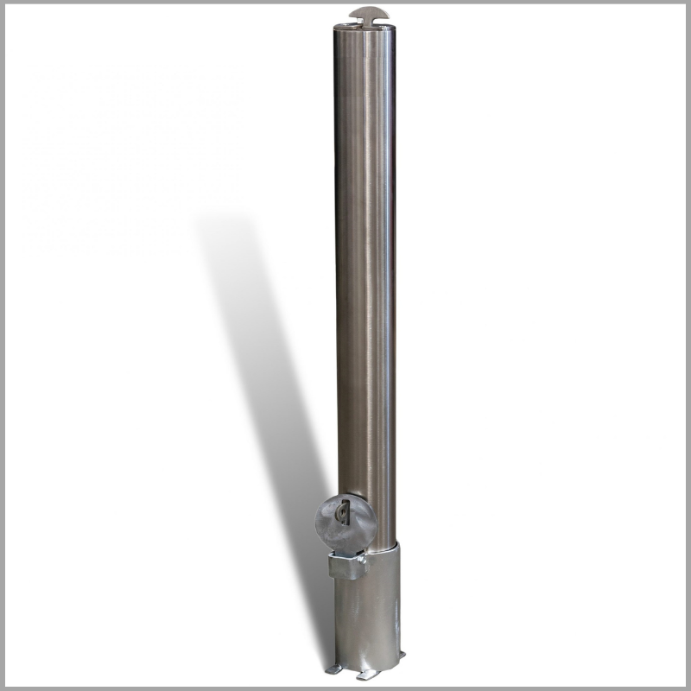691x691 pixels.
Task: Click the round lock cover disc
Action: coord(345,522)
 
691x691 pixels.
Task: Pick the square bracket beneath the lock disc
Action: coord(347,566)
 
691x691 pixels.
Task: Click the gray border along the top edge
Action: coord(345,3)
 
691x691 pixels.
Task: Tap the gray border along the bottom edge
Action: coord(345,688)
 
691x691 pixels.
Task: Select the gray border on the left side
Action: coord(3,345)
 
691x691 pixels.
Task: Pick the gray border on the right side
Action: coord(688,345)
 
